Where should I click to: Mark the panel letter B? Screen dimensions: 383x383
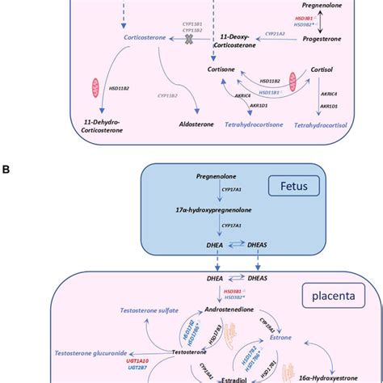point(6,170)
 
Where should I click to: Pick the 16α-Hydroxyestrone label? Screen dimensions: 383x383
point(331,377)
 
